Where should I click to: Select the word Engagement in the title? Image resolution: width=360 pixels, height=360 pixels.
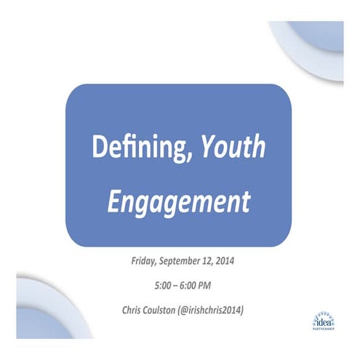coord(178,199)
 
